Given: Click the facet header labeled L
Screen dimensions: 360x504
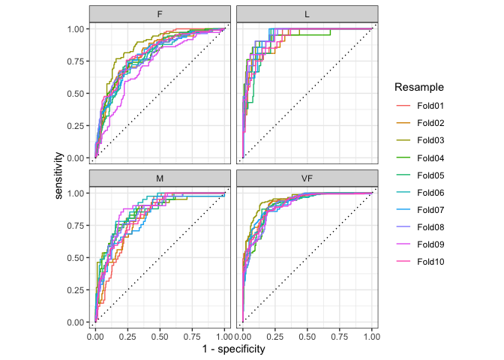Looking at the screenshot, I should point(307,14).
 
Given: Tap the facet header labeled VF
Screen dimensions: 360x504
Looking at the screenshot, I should point(307,178).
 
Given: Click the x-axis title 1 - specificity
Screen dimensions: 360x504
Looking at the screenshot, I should point(233,349).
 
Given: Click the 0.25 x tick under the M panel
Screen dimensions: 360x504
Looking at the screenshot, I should point(127,337).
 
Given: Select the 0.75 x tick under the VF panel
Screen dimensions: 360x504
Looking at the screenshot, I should point(340,337).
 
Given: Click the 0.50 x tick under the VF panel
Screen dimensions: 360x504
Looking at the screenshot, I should point(307,337).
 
